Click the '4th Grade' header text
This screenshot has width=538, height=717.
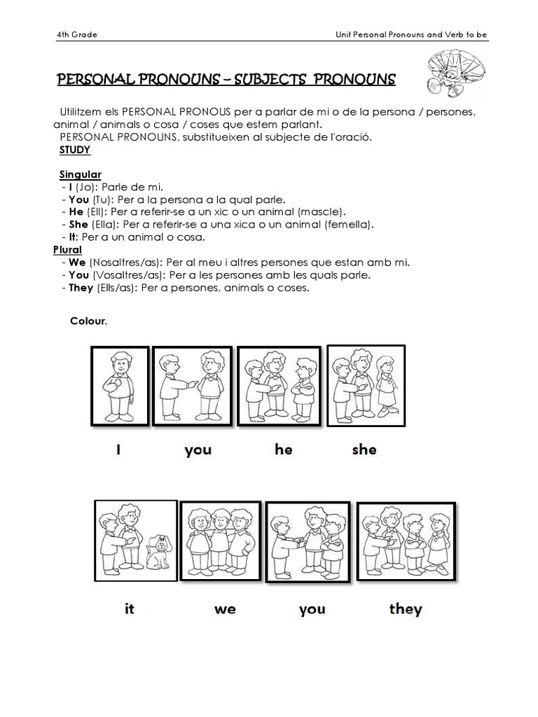coord(76,36)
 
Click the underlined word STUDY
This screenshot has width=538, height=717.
coord(75,150)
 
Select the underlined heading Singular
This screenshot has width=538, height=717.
coord(80,174)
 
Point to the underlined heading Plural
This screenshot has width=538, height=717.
coord(67,249)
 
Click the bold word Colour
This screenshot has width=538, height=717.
coord(88,321)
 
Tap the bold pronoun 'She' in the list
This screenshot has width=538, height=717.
coord(78,224)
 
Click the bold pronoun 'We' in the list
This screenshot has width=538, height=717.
coord(77,262)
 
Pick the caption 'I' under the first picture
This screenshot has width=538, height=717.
coord(119,450)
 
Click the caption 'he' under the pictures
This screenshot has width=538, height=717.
coord(283,450)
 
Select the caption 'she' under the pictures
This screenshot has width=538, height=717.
coord(364,450)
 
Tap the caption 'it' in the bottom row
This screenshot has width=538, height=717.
coord(129,608)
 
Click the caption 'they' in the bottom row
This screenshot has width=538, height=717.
coord(405,608)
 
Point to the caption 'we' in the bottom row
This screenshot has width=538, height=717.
coord(225,608)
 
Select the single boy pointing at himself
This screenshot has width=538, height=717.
coord(119,385)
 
